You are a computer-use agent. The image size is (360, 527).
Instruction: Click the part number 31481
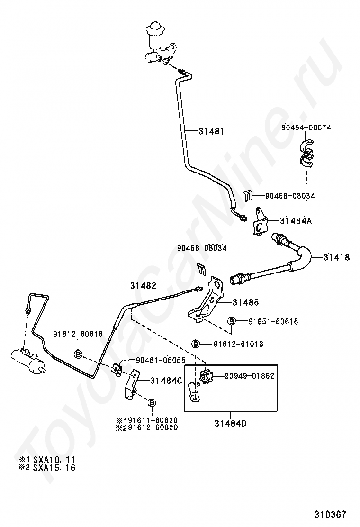pyautogui.click(x=211, y=131)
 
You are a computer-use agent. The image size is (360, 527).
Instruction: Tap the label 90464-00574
pyautogui.click(x=306, y=127)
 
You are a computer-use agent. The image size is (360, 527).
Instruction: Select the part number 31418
pyautogui.click(x=336, y=257)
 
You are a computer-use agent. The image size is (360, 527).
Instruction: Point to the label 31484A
pyautogui.click(x=296, y=220)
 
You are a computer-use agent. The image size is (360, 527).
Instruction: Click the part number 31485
pyautogui.click(x=246, y=302)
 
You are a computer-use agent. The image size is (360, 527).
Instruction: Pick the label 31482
pyautogui.click(x=144, y=285)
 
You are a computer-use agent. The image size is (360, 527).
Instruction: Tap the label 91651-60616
pyautogui.click(x=273, y=321)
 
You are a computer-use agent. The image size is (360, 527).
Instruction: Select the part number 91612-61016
pyautogui.click(x=238, y=344)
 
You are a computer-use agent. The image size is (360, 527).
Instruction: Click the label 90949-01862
pyautogui.click(x=249, y=376)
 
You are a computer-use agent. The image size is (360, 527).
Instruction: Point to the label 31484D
pyautogui.click(x=230, y=423)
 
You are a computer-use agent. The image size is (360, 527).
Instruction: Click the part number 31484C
pyautogui.click(x=166, y=381)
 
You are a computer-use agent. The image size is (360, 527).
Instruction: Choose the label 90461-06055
pyautogui.click(x=161, y=360)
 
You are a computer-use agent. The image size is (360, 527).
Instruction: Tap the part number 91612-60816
pyautogui.click(x=78, y=334)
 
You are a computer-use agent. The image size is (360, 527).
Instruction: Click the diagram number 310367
pyautogui.click(x=330, y=514)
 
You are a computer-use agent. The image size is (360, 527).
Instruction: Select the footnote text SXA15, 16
pyautogui.click(x=54, y=467)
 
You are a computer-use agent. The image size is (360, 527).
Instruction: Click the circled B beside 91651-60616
pyautogui.click(x=232, y=321)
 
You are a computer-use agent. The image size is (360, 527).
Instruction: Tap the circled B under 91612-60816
pyautogui.click(x=78, y=354)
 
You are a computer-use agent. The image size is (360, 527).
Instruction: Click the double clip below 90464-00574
pyautogui.click(x=306, y=153)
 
